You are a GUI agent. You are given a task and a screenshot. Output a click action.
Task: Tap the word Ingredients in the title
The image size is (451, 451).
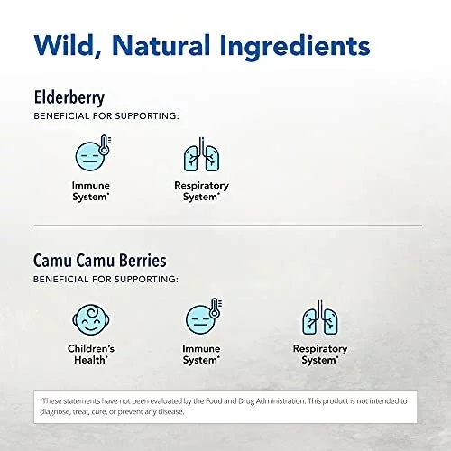[295, 48]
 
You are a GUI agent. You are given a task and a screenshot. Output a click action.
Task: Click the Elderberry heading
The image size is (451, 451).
[69, 97]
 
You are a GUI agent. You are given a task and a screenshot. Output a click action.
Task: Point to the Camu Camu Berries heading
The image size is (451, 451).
[99, 261]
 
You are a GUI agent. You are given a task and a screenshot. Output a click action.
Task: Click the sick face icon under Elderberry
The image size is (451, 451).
[93, 153]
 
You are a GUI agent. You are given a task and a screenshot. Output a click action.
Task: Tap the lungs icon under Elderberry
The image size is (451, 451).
[201, 154]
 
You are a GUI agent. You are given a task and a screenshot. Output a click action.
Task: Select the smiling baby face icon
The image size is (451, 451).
[91, 319]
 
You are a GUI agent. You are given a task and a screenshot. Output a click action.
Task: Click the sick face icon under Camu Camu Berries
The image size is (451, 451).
[204, 317]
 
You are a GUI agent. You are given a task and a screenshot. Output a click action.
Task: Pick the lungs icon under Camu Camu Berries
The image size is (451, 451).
[320, 318]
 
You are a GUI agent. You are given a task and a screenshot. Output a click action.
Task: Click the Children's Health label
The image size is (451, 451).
[91, 354]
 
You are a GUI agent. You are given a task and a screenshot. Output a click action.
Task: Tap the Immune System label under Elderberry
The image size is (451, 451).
[90, 191]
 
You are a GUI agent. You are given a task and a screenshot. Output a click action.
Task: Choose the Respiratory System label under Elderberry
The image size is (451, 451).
[201, 191]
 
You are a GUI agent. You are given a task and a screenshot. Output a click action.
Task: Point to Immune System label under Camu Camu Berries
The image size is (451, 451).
[201, 354]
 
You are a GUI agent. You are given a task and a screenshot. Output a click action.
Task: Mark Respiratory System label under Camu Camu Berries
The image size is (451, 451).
[320, 354]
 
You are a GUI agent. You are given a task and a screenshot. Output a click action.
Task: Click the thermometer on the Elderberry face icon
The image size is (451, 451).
[105, 144]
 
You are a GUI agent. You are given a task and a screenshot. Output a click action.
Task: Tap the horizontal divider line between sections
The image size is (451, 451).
[227, 225]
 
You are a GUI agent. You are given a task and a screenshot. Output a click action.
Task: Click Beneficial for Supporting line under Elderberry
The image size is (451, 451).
[106, 116]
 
